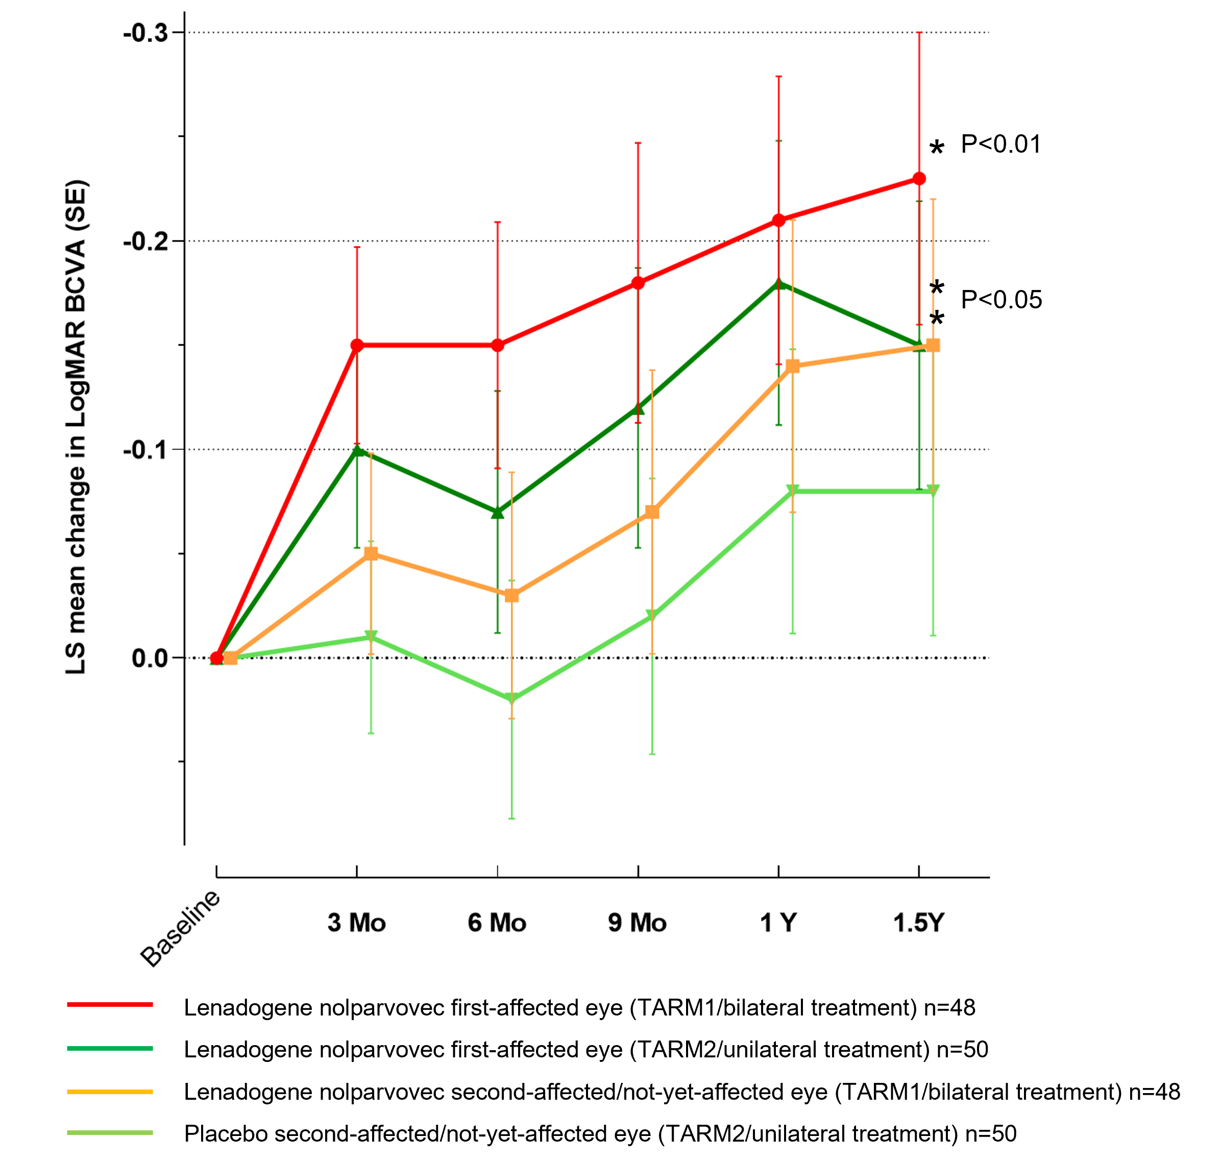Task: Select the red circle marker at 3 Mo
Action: point(357,345)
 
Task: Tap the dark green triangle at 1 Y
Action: point(778,284)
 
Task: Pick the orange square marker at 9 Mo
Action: point(652,513)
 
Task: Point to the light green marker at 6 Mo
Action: point(511,699)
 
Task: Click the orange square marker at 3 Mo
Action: point(371,554)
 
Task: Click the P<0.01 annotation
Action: point(1000,144)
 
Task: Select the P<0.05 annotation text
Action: point(1000,300)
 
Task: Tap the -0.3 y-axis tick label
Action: point(146,33)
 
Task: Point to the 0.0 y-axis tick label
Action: point(150,658)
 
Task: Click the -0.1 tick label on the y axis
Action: point(146,450)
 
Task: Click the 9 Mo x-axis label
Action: point(637,923)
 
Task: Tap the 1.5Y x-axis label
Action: point(918,923)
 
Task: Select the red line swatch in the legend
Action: point(110,1005)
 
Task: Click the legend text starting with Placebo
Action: point(600,1134)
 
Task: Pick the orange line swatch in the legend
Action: point(110,1092)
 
